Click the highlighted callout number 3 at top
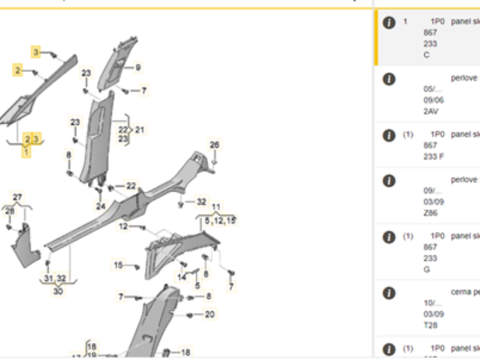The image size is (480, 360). (x=35, y=52)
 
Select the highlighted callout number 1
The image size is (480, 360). (x=26, y=151)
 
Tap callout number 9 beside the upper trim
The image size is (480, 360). (x=138, y=68)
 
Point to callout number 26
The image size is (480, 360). (x=214, y=145)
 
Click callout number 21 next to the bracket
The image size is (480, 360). (x=140, y=129)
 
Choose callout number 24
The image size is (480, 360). (x=101, y=206)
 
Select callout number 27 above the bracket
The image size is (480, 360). (x=18, y=197)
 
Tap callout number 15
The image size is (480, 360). (x=118, y=265)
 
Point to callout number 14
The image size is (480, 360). (x=182, y=277)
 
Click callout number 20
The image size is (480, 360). (x=210, y=314)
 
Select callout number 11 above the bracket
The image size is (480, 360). (x=216, y=206)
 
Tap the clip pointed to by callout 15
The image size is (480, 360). (x=138, y=266)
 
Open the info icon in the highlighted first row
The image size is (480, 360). (x=389, y=22)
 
